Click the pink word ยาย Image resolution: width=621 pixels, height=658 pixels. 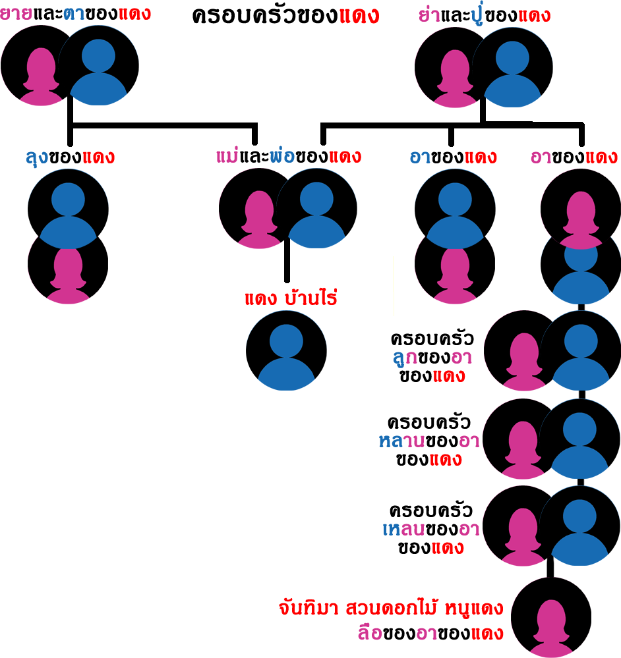[16, 13]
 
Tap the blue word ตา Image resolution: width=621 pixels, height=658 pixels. [74, 13]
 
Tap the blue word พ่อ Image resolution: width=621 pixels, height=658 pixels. [282, 157]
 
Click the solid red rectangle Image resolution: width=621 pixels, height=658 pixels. [291, 296]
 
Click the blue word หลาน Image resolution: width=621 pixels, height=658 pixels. [401, 441]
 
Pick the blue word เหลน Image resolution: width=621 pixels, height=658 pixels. [403, 528]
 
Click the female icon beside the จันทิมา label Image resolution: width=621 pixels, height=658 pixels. [551, 618]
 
